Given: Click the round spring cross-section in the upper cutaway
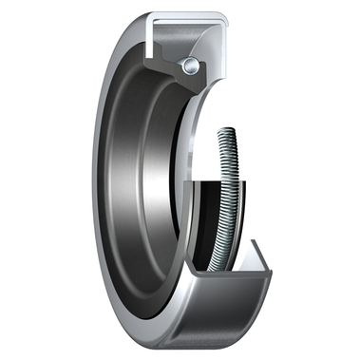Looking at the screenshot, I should coord(193,64).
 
